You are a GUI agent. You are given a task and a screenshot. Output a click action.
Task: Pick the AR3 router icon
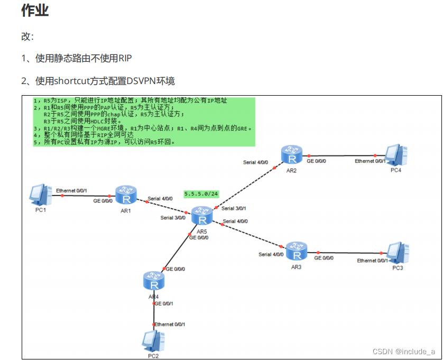[296, 251]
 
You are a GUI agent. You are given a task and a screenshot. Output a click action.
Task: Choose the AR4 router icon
[154, 281]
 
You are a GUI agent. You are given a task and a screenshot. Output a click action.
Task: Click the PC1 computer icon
[40, 194]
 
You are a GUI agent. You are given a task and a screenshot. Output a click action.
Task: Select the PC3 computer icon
[397, 252]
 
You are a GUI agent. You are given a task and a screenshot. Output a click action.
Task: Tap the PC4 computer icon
[396, 154]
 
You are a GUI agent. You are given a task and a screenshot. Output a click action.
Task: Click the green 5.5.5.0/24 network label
[201, 194]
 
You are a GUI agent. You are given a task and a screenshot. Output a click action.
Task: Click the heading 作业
[35, 11]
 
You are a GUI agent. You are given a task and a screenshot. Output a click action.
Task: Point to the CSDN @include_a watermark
[404, 352]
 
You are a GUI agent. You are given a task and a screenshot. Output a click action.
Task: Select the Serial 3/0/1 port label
[234, 208]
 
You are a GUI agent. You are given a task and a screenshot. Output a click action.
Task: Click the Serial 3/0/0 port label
[173, 217]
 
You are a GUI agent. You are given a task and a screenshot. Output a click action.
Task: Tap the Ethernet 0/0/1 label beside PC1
[71, 190]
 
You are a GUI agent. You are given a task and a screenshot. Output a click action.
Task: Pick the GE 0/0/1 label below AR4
[164, 303]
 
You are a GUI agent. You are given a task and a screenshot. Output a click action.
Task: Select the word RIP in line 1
[125, 58]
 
